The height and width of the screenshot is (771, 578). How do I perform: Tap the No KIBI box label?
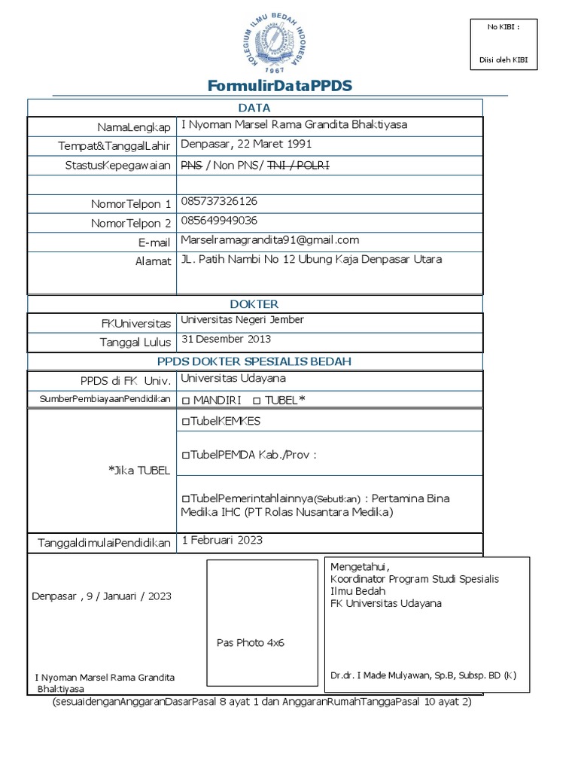[503, 27]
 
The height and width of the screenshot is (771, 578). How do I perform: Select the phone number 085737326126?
[219, 202]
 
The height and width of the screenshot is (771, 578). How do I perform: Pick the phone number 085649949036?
[219, 221]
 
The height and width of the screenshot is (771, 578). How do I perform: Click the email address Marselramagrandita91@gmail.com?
[270, 240]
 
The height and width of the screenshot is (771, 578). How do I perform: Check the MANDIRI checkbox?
[186, 400]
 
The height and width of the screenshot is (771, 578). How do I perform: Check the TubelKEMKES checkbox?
[186, 421]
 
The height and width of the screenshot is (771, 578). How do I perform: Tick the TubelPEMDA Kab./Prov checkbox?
[186, 456]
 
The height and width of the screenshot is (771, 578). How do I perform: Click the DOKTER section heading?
[254, 304]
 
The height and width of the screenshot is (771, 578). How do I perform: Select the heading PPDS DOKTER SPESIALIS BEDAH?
[254, 361]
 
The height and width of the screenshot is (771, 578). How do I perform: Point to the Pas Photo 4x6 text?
[250, 643]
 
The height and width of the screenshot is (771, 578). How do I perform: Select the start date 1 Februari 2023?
[222, 541]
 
